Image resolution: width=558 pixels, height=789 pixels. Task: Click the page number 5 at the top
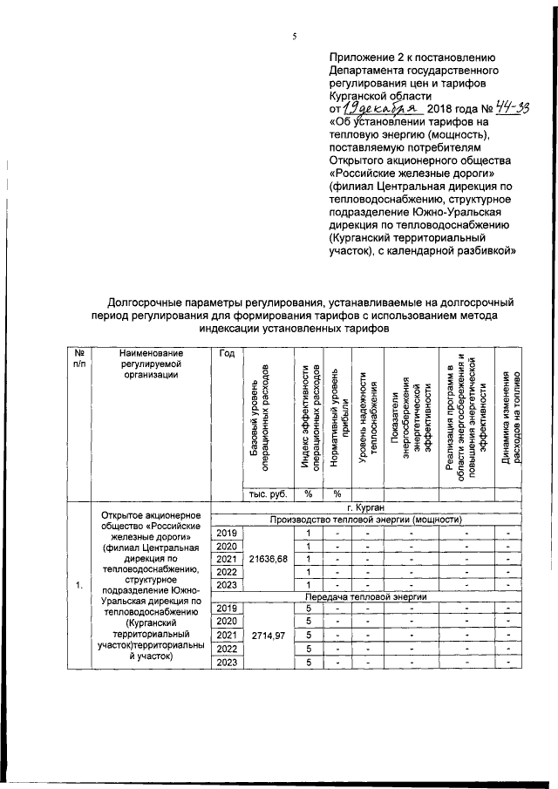click(x=295, y=36)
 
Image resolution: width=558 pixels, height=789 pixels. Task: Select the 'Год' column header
click(x=228, y=353)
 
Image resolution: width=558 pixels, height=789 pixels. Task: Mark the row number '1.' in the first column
click(x=79, y=584)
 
